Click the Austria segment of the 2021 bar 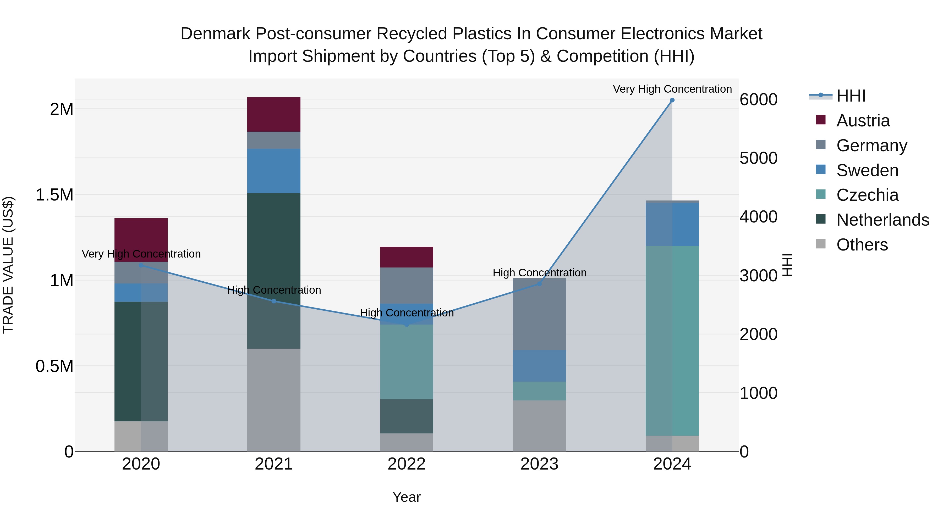[274, 114]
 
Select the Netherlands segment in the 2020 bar [141, 361]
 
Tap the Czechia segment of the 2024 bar [672, 341]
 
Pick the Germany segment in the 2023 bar [539, 314]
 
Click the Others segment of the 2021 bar [274, 399]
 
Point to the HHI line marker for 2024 [672, 100]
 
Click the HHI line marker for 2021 [274, 301]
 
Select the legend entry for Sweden [867, 170]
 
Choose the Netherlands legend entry [882, 220]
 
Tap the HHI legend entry [851, 96]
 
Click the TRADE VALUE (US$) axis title [8, 265]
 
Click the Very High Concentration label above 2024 [672, 89]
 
